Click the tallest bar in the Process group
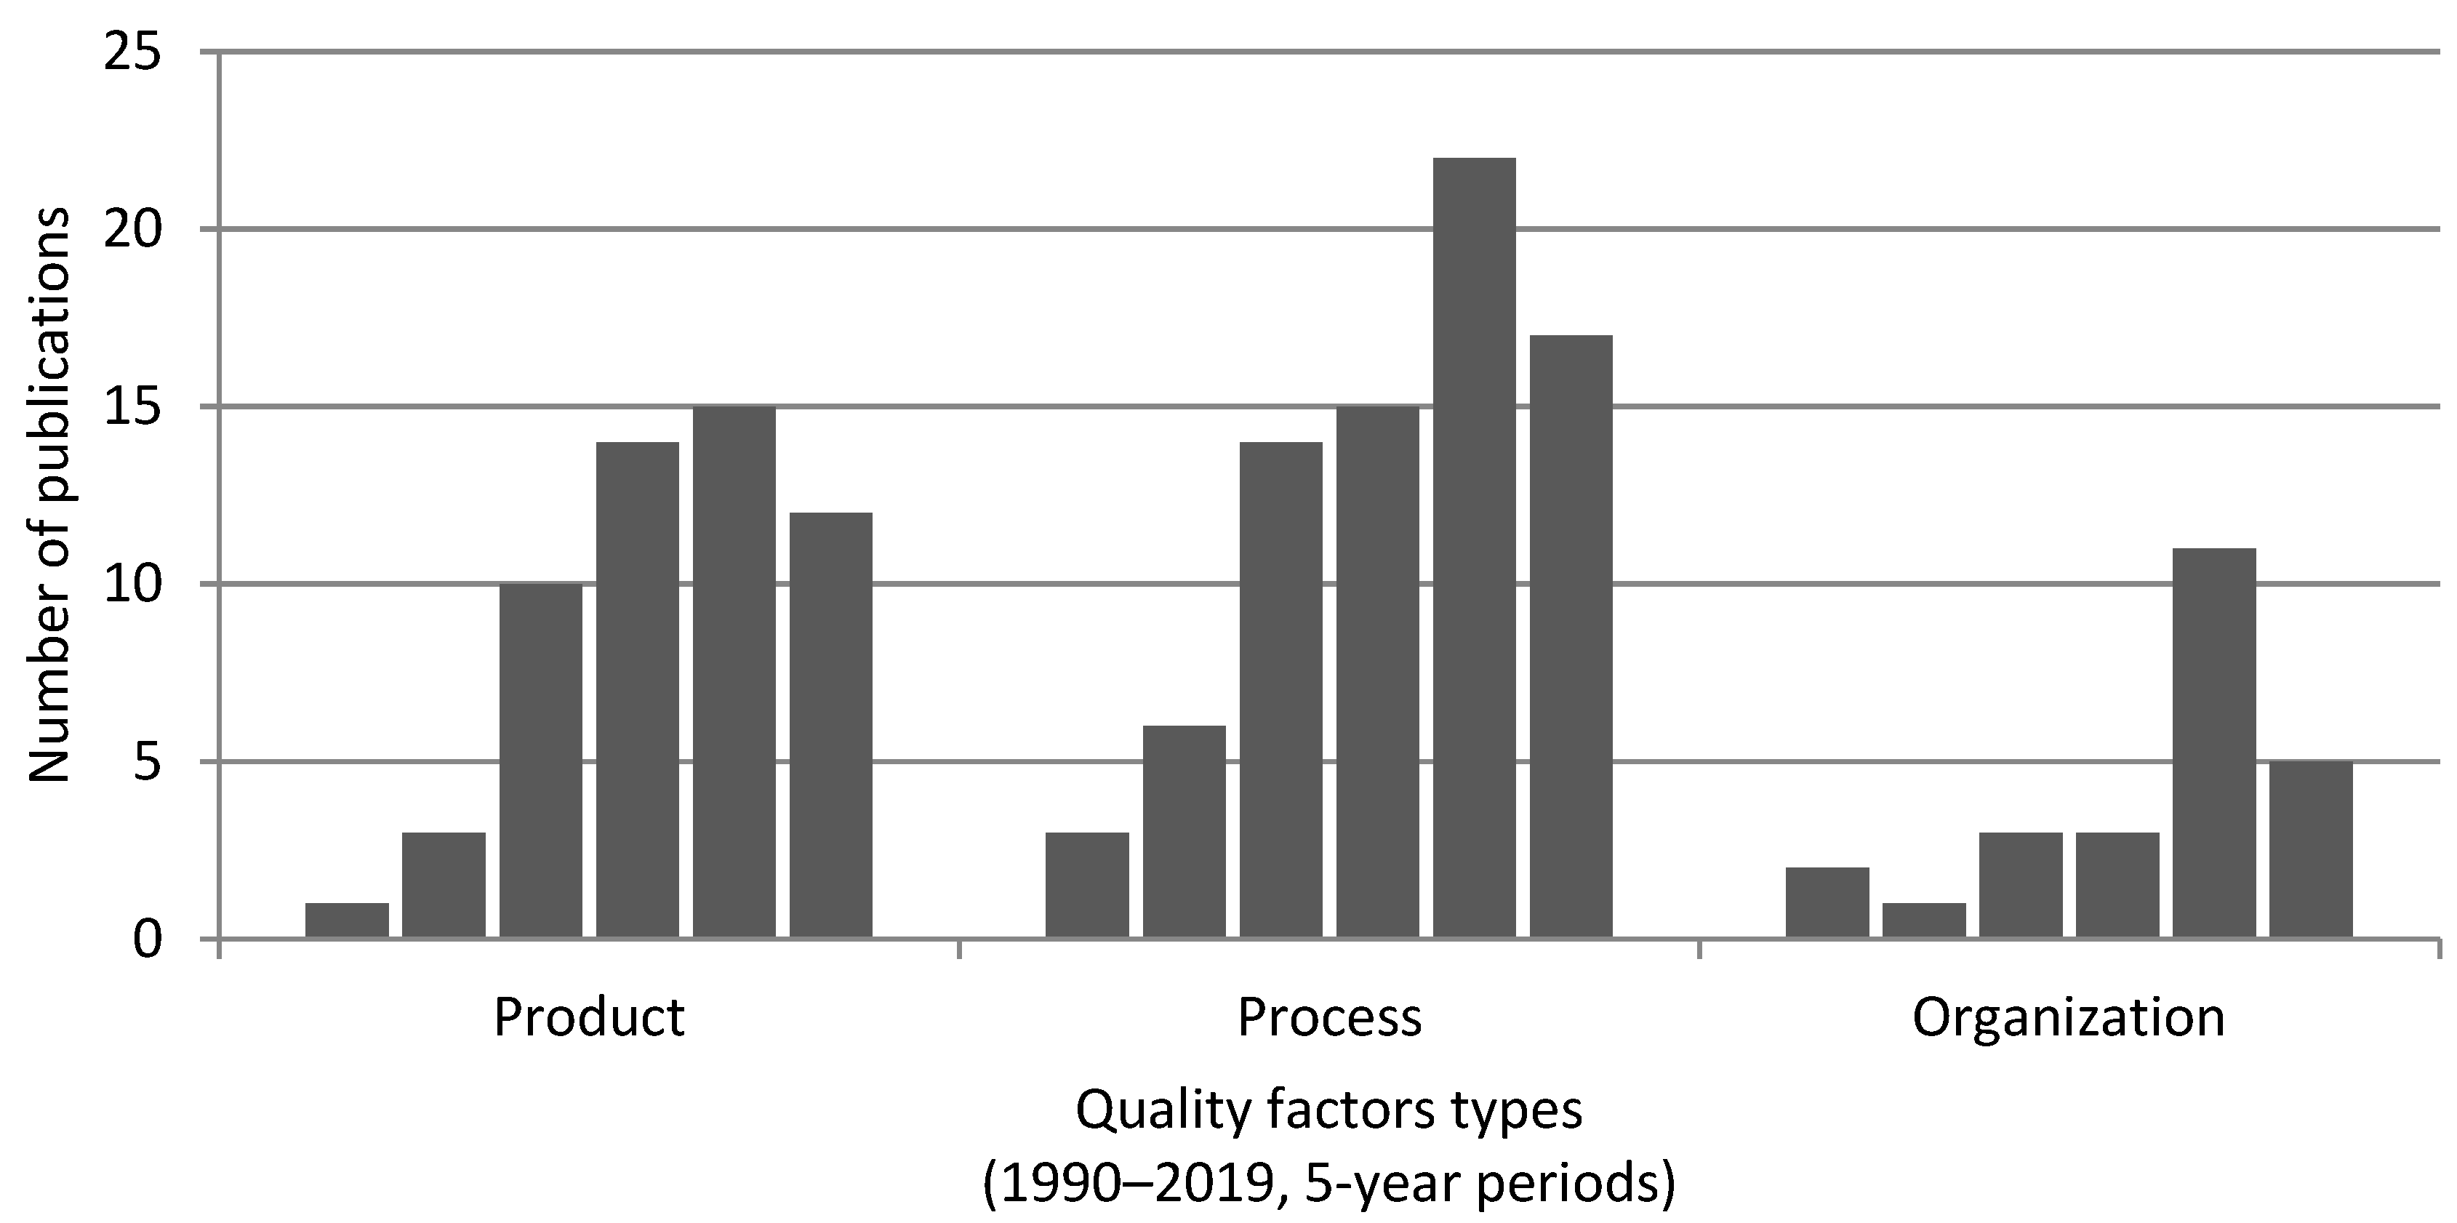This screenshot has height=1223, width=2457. coord(1474,548)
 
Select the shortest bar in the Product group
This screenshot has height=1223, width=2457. coord(346,921)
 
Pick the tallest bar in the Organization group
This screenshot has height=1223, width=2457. coord(2214,743)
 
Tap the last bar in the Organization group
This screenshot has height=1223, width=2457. coord(2310,849)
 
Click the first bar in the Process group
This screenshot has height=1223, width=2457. coord(1086,886)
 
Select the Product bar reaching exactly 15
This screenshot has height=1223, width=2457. coord(734,673)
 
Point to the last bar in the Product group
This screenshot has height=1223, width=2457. coord(831,725)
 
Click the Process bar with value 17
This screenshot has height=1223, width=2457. coord(1571,636)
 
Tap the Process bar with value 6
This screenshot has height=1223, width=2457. coord(1184,832)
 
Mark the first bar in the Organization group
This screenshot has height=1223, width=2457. coord(1827,902)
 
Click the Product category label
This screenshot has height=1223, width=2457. coord(588,1018)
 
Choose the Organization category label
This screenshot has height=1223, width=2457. coord(2068,1018)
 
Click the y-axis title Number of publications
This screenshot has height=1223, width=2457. coord(48,496)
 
